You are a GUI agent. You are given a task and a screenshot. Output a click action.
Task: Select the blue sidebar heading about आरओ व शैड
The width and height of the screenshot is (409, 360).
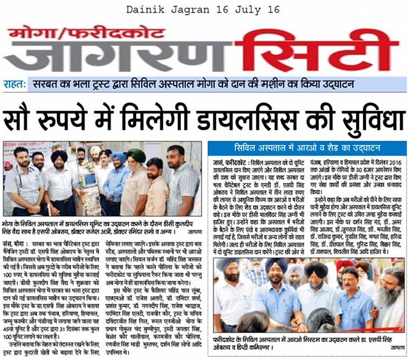coord(306,149)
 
